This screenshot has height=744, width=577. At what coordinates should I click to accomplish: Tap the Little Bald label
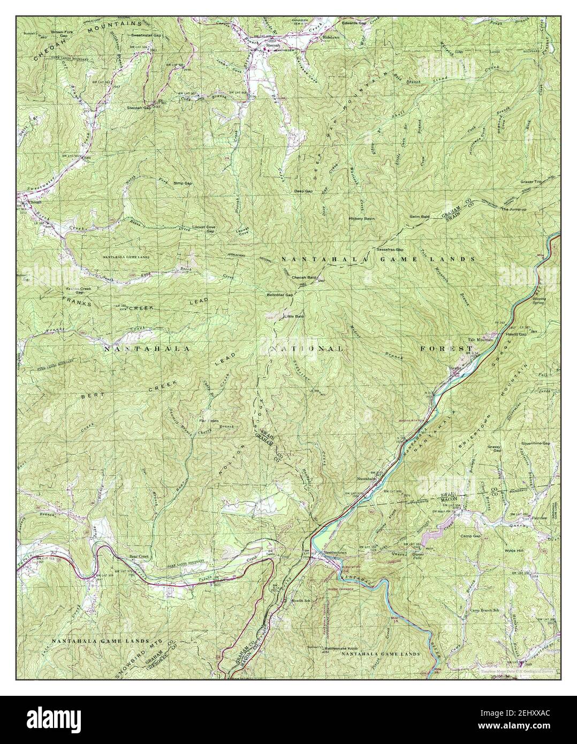click(x=293, y=317)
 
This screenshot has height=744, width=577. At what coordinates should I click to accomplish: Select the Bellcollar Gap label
click(x=279, y=295)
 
